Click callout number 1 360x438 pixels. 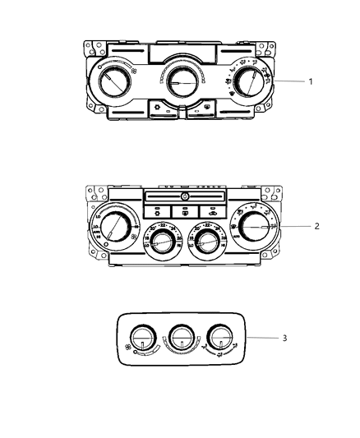click(309, 81)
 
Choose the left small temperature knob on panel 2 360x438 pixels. click(163, 242)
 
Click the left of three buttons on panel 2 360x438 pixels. click(157, 210)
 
